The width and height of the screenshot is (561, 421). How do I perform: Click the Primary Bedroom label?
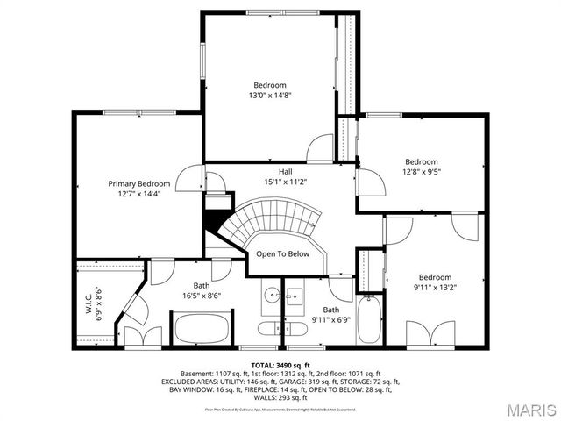click(138, 183)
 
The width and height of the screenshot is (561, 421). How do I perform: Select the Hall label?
click(286, 171)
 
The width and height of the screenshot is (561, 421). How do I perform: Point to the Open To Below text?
click(282, 254)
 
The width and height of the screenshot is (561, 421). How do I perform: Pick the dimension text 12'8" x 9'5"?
click(422, 172)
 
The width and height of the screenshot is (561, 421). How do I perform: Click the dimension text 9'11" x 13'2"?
click(436, 286)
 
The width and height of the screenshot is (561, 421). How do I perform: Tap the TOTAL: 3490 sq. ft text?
click(280, 364)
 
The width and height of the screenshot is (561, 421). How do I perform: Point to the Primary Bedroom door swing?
click(189, 180)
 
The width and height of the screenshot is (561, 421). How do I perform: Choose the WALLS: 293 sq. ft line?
click(280, 399)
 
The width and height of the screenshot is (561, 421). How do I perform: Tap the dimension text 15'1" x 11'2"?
click(286, 182)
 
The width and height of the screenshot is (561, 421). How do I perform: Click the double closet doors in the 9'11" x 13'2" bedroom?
click(427, 332)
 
